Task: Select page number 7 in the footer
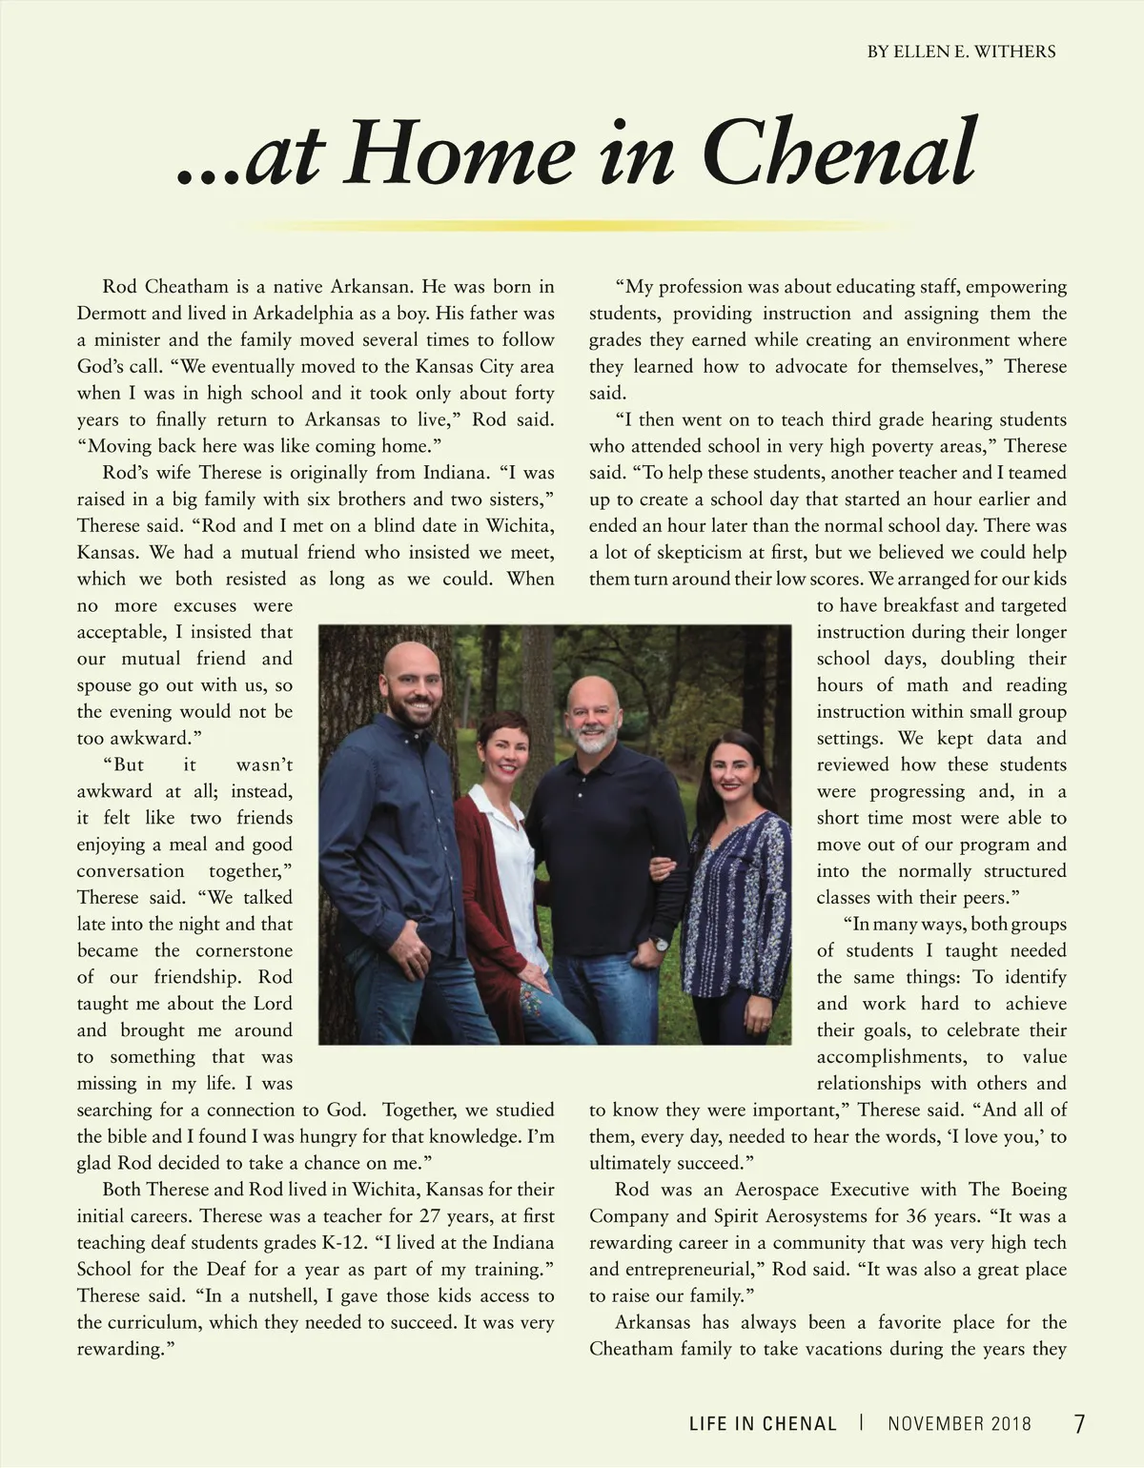point(1079,1424)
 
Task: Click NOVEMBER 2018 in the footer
point(959,1424)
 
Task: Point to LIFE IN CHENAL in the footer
point(763,1424)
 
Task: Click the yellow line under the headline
point(572,227)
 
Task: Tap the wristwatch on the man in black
point(659,945)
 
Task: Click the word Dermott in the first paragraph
point(111,314)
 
